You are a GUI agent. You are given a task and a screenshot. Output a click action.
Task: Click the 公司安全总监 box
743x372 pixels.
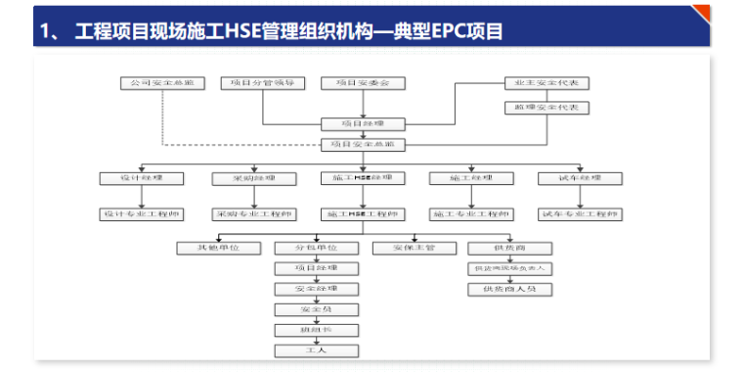coord(162,83)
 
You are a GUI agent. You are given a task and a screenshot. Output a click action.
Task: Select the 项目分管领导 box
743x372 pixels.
coord(263,83)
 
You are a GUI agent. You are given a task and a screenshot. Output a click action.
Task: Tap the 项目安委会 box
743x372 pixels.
coord(363,83)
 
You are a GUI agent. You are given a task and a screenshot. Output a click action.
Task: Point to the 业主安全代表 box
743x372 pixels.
coord(546,83)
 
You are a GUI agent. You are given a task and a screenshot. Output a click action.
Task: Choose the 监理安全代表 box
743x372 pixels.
coord(546,107)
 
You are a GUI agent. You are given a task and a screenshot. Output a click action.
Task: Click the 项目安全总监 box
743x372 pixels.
coord(363,145)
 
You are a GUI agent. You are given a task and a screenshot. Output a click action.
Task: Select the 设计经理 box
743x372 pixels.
coord(142,178)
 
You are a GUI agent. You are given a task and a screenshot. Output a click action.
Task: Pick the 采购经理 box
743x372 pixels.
coord(253,178)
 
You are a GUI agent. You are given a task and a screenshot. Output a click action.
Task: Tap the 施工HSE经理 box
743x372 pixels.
coord(363,178)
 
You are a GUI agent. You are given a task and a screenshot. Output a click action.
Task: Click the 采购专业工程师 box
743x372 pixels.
coord(253,213)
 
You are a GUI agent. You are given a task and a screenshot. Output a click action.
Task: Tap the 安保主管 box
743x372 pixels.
coord(414,248)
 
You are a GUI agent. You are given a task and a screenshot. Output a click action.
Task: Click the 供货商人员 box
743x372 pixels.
coord(509,289)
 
